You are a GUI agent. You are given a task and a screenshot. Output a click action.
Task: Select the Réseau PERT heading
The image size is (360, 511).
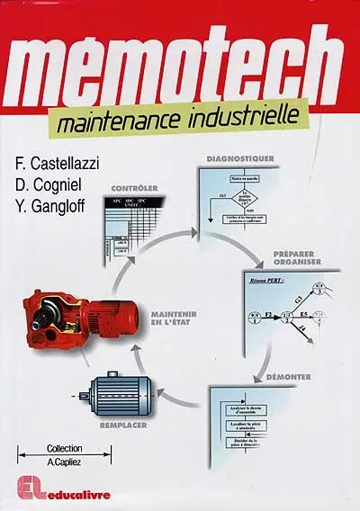coord(265,281)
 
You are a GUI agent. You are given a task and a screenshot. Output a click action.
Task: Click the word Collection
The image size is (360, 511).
coord(64,448)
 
